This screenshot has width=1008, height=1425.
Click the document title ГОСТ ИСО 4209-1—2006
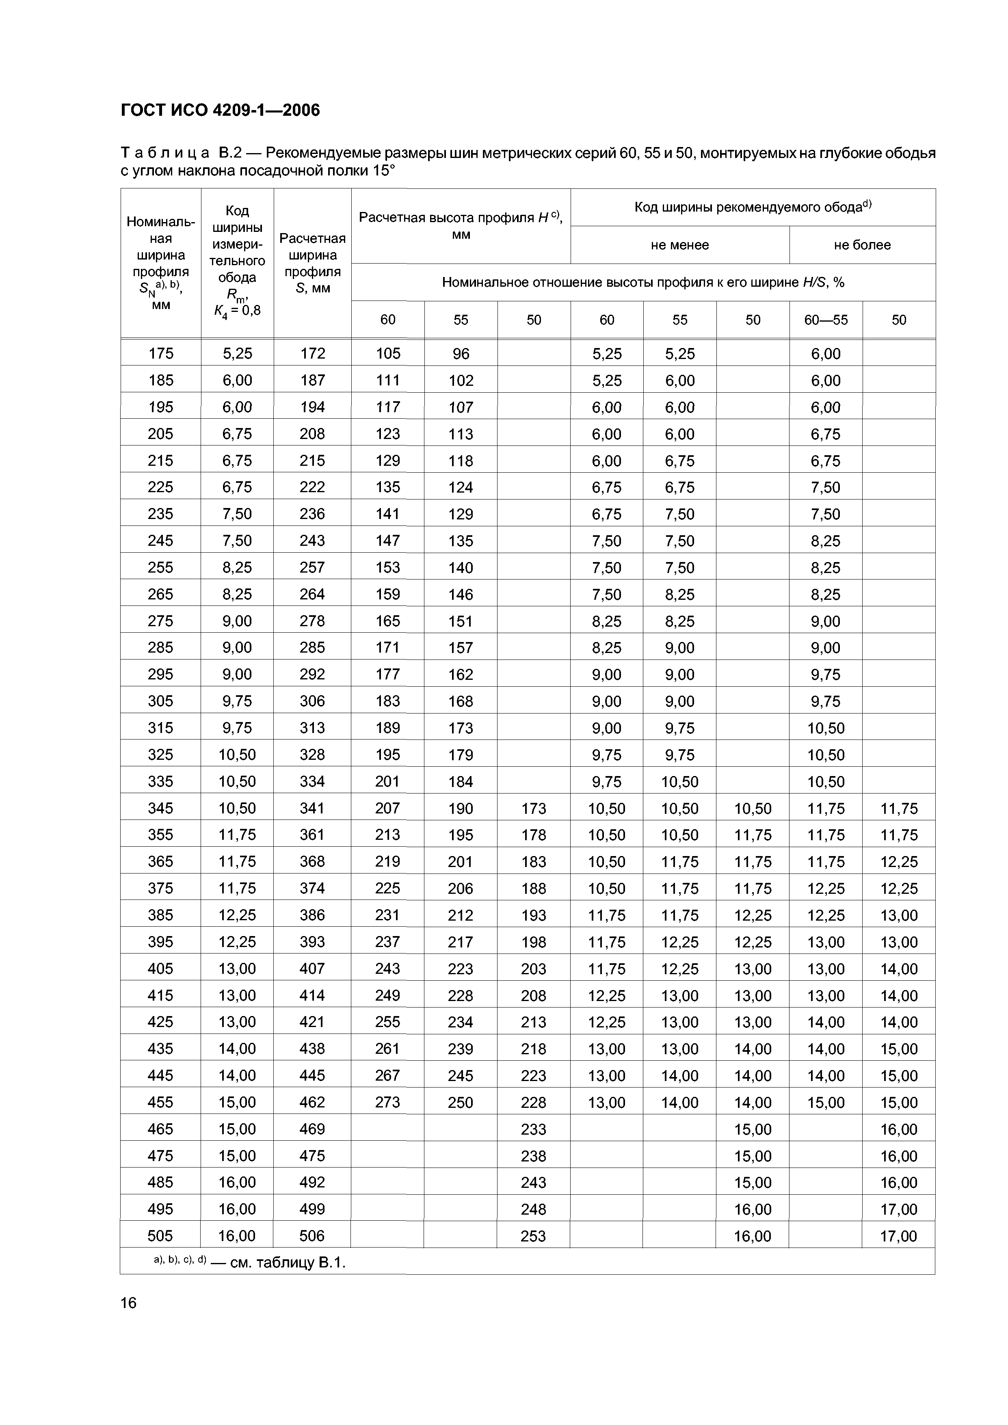pos(221,110)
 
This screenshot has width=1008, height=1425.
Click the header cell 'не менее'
pos(680,245)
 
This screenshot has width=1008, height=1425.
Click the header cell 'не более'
pos(862,245)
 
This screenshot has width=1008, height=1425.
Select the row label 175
pos(161,353)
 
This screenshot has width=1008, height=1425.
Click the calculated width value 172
pos(312,353)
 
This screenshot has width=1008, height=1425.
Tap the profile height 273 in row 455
pos(387,1102)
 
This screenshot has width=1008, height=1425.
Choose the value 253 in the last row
pos(533,1236)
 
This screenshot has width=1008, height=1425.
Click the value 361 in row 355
pos(312,835)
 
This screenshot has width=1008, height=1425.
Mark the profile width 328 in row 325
pos(312,755)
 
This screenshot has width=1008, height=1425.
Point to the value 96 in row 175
pos(461,353)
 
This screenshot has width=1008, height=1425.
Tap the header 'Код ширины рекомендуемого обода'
pos(752,207)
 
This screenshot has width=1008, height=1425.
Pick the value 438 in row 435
pos(312,1049)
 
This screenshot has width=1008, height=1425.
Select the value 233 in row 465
pos(533,1129)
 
